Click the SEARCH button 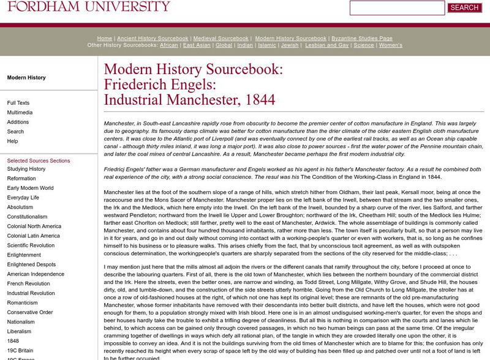point(464,8)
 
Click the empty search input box point(397,8)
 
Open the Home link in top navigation point(104,38)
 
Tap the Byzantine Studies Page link point(361,38)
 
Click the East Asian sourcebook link point(197,45)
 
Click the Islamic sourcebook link point(266,45)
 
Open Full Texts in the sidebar point(18,103)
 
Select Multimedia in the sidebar point(20,113)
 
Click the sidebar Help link point(12,141)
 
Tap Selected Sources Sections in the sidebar point(39,160)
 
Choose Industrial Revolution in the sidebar point(31,293)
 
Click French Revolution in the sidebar point(28,283)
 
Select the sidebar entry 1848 point(13,340)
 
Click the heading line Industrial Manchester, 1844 point(189,100)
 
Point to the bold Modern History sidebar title point(26,78)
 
